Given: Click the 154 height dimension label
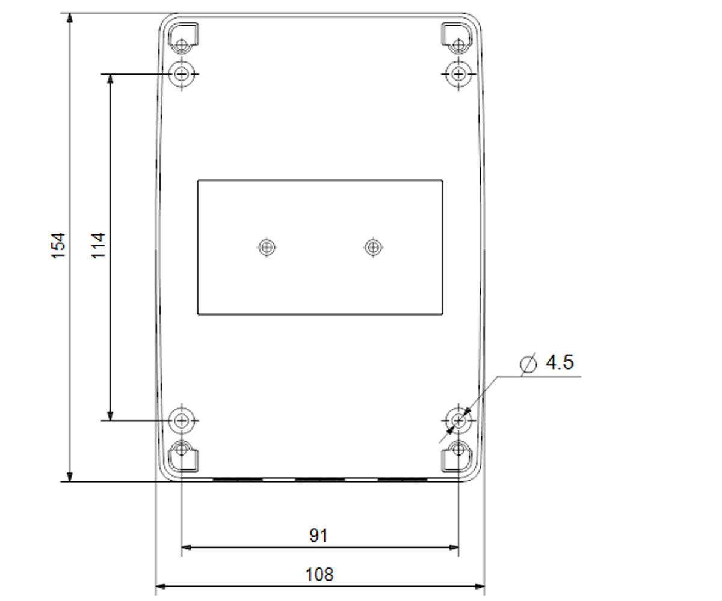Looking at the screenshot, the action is click(58, 246).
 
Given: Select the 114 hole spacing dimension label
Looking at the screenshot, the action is click(98, 246).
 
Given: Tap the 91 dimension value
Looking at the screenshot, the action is click(318, 535).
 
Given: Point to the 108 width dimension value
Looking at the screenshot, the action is click(319, 575).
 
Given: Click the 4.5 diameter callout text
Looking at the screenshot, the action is click(560, 362).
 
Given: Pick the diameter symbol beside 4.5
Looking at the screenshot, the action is click(529, 364).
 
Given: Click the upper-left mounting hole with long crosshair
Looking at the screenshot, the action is click(182, 74).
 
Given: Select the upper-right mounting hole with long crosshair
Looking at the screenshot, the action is click(458, 74).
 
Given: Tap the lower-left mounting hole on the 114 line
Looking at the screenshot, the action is click(182, 421).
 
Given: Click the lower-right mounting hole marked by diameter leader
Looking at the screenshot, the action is click(458, 421).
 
